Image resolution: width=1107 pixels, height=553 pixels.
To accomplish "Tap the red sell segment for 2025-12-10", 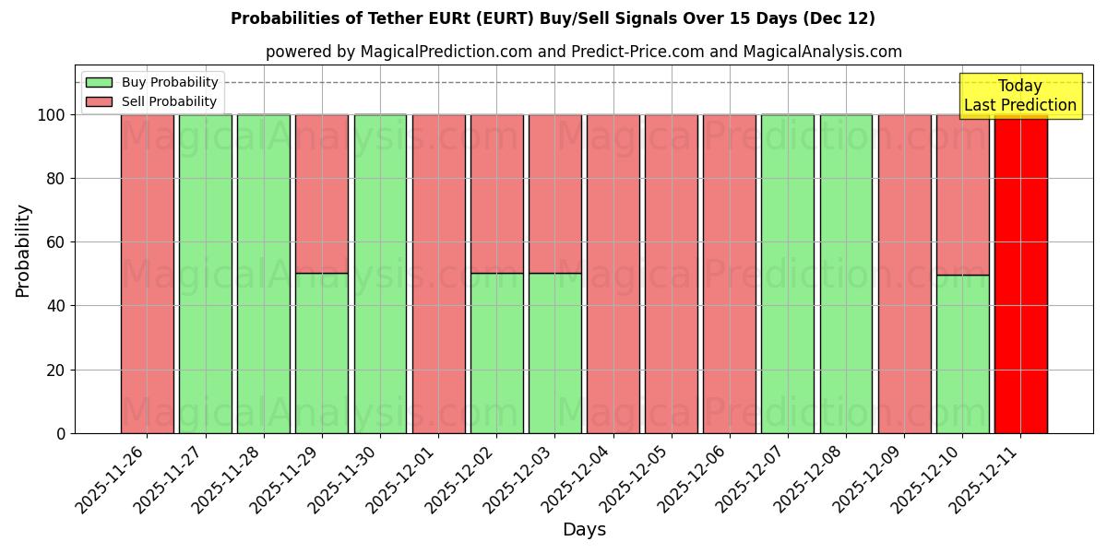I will (x=962, y=194).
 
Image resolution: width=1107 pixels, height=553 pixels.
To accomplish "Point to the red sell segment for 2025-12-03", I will (x=554, y=194).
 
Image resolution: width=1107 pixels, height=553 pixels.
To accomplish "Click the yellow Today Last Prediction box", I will (x=1019, y=96).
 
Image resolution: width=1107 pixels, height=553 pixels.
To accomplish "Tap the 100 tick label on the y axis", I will (x=53, y=115).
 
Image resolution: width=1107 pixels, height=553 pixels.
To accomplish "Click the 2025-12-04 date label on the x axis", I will (x=573, y=478).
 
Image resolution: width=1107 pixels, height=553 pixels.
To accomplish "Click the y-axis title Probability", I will (x=23, y=251).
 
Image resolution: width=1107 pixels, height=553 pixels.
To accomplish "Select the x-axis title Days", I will (x=584, y=530).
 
